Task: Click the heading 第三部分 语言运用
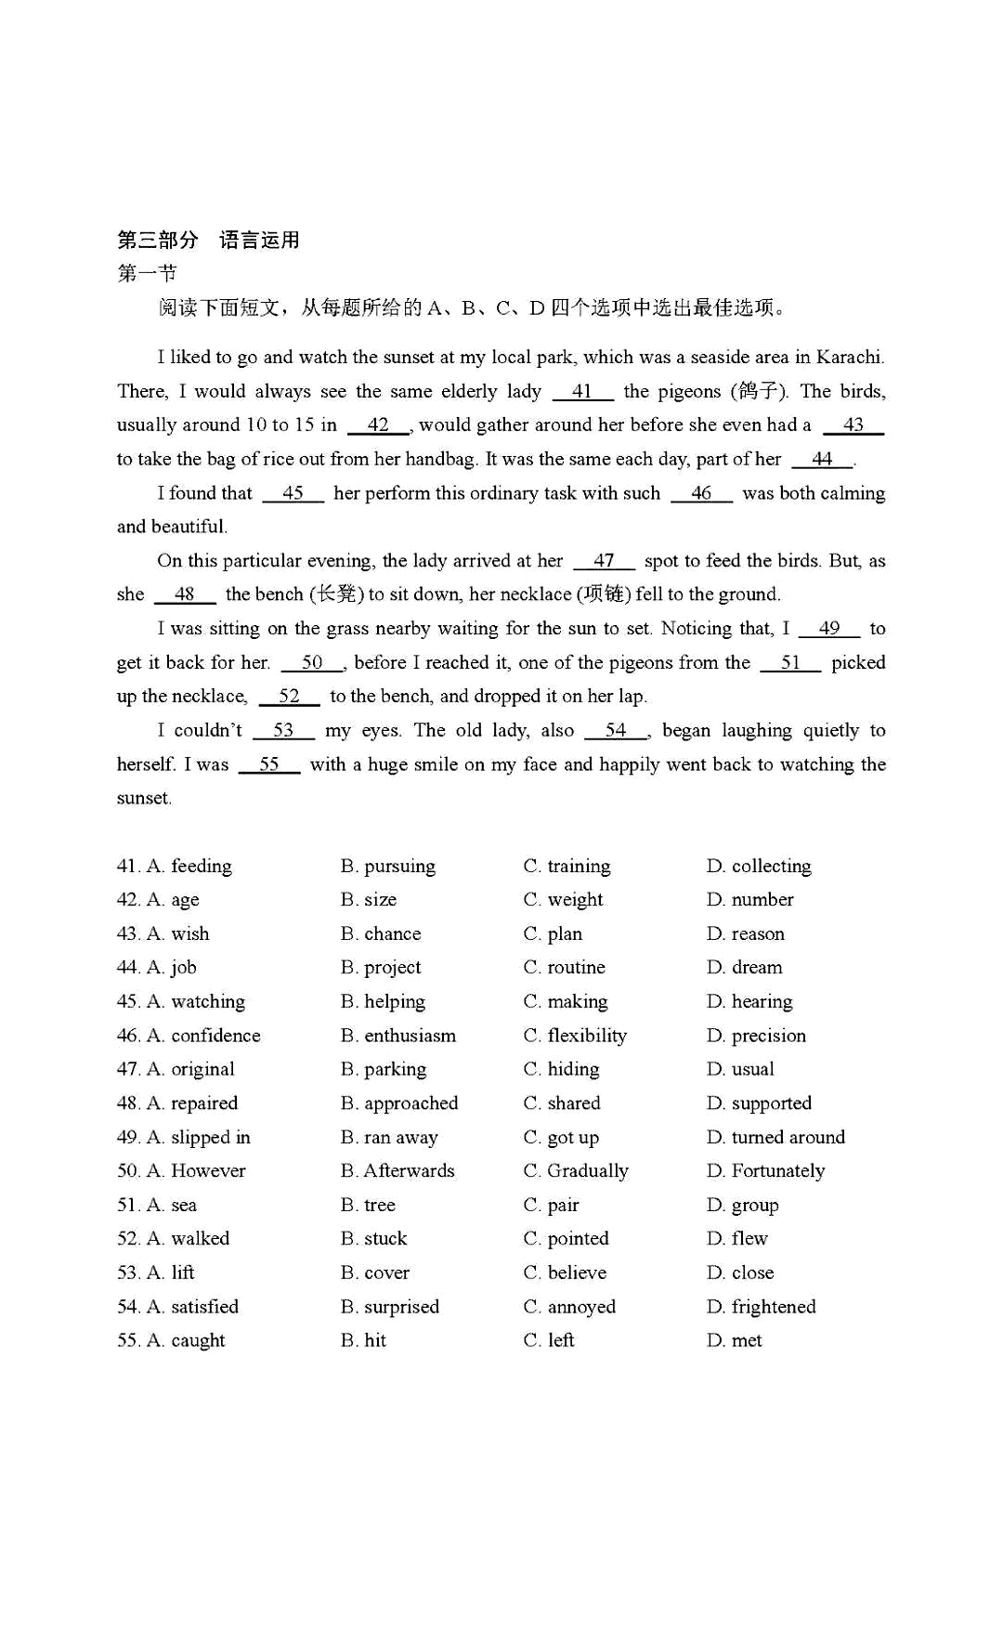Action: pyautogui.click(x=208, y=240)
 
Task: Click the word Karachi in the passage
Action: pyautogui.click(x=849, y=357)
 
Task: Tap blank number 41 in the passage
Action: pyautogui.click(x=582, y=391)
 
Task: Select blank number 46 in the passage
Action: pyautogui.click(x=701, y=493)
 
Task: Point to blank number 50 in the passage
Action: pyautogui.click(x=312, y=662)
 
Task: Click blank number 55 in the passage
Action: pyautogui.click(x=269, y=764)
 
